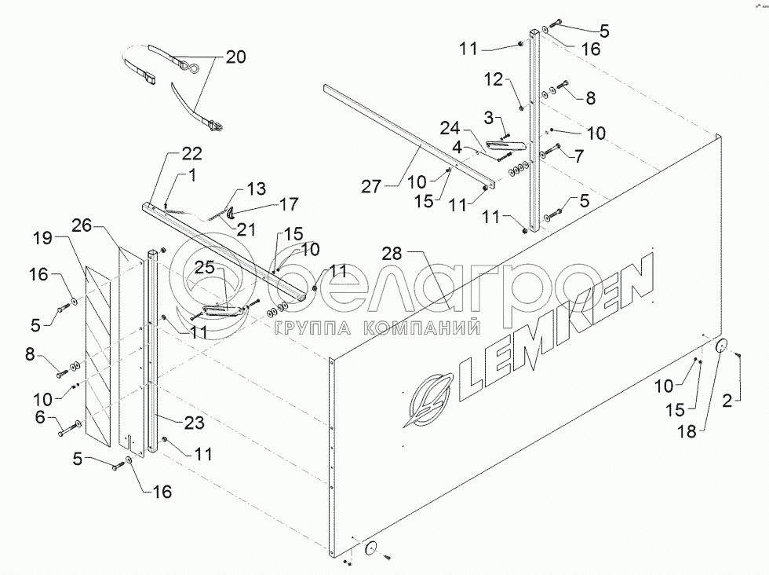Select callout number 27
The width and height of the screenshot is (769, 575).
374,186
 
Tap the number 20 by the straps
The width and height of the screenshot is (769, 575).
235,57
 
